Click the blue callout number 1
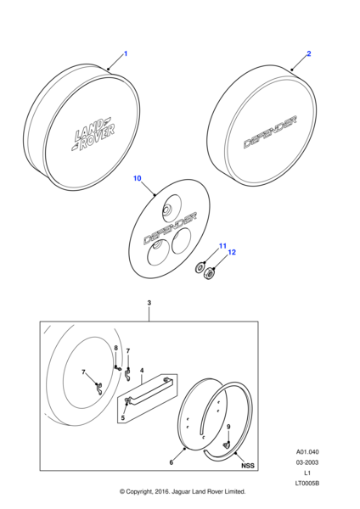pyautogui.click(x=126, y=53)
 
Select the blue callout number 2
pyautogui.click(x=309, y=53)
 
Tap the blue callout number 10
pyautogui.click(x=138, y=178)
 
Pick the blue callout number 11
pyautogui.click(x=222, y=246)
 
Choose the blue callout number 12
pyautogui.click(x=232, y=252)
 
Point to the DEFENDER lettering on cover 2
pyautogui.click(x=270, y=132)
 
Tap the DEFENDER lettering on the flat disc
pyautogui.click(x=170, y=228)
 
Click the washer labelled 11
pyautogui.click(x=200, y=267)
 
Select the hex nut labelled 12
pyautogui.click(x=208, y=274)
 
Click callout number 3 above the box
pyautogui.click(x=149, y=303)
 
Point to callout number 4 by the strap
pyautogui.click(x=142, y=371)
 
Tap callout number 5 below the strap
pyautogui.click(x=123, y=417)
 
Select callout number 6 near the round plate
pyautogui.click(x=172, y=462)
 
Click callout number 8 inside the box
pyautogui.click(x=116, y=348)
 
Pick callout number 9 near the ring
pyautogui.click(x=228, y=427)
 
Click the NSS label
pyautogui.click(x=248, y=466)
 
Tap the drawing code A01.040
pyautogui.click(x=307, y=452)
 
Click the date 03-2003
pyautogui.click(x=307, y=462)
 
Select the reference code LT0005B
pyautogui.click(x=307, y=484)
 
